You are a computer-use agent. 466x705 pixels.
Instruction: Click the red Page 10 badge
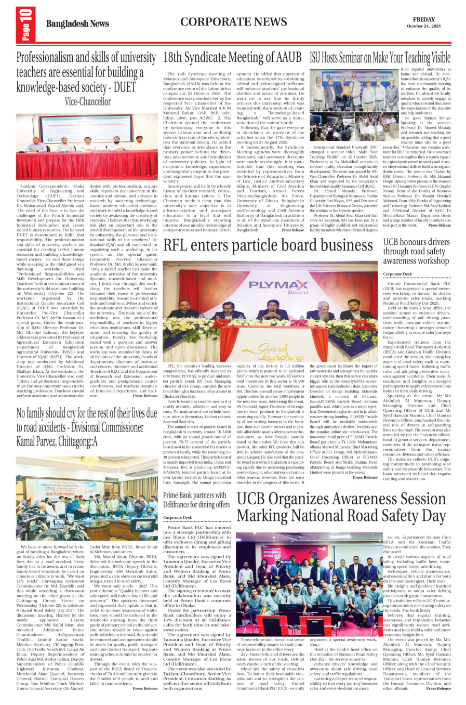[25, 25]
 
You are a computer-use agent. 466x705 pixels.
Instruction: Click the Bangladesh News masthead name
[77, 23]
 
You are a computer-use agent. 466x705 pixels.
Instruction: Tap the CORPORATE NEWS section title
[233, 22]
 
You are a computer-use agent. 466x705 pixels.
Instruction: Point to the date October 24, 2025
[423, 26]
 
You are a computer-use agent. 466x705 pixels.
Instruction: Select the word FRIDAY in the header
[424, 19]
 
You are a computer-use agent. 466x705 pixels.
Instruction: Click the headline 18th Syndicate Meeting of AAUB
[232, 57]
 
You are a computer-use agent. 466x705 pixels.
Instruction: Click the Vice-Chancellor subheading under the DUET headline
[88, 102]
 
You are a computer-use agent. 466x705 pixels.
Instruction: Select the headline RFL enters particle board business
[268, 245]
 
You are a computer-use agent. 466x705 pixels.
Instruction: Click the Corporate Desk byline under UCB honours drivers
[397, 274]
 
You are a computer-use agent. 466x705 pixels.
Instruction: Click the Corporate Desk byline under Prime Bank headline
[177, 518]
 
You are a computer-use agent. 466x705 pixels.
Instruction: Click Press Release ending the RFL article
[365, 477]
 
